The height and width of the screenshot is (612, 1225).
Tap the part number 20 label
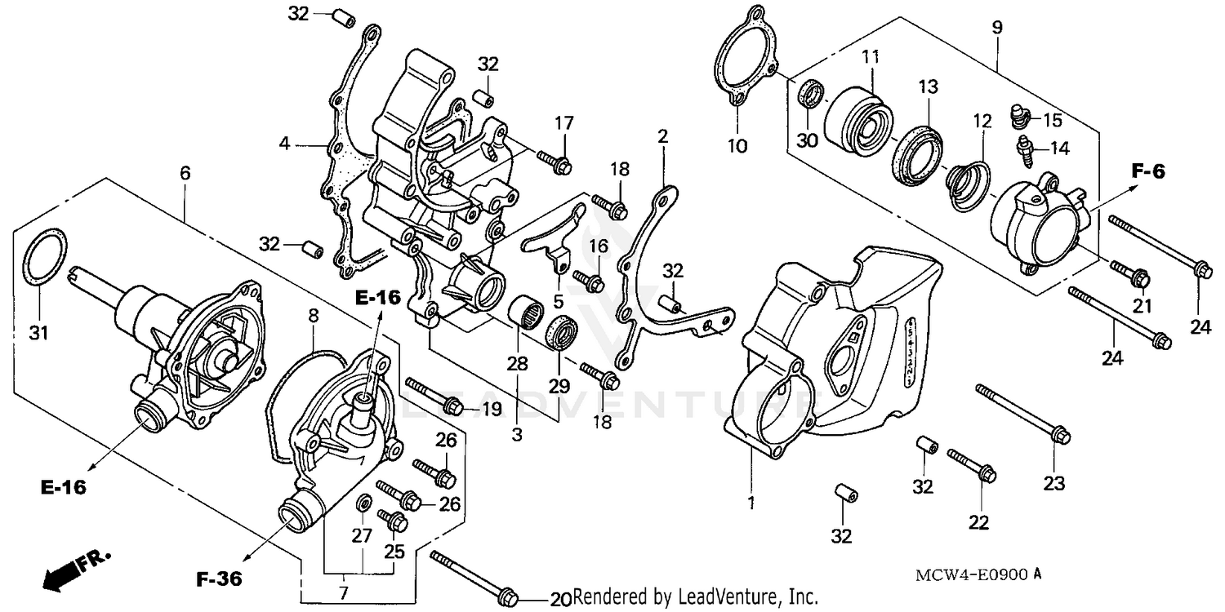559,599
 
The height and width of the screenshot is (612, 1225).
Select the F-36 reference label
220,579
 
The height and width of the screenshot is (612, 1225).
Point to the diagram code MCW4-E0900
969,574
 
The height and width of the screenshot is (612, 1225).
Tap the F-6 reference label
1147,171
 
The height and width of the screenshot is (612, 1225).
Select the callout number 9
996,27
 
